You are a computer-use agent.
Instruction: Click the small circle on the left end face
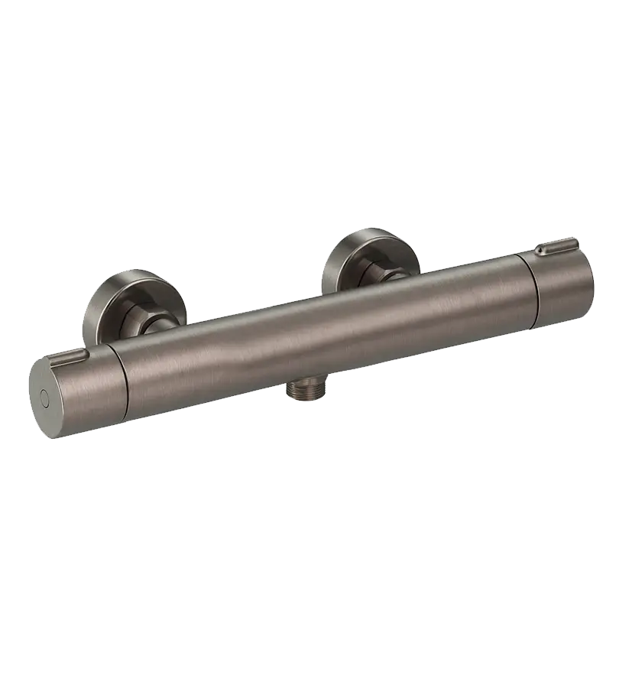[44, 398]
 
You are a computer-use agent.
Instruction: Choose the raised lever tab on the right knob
[556, 247]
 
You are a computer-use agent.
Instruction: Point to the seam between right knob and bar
[533, 294]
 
